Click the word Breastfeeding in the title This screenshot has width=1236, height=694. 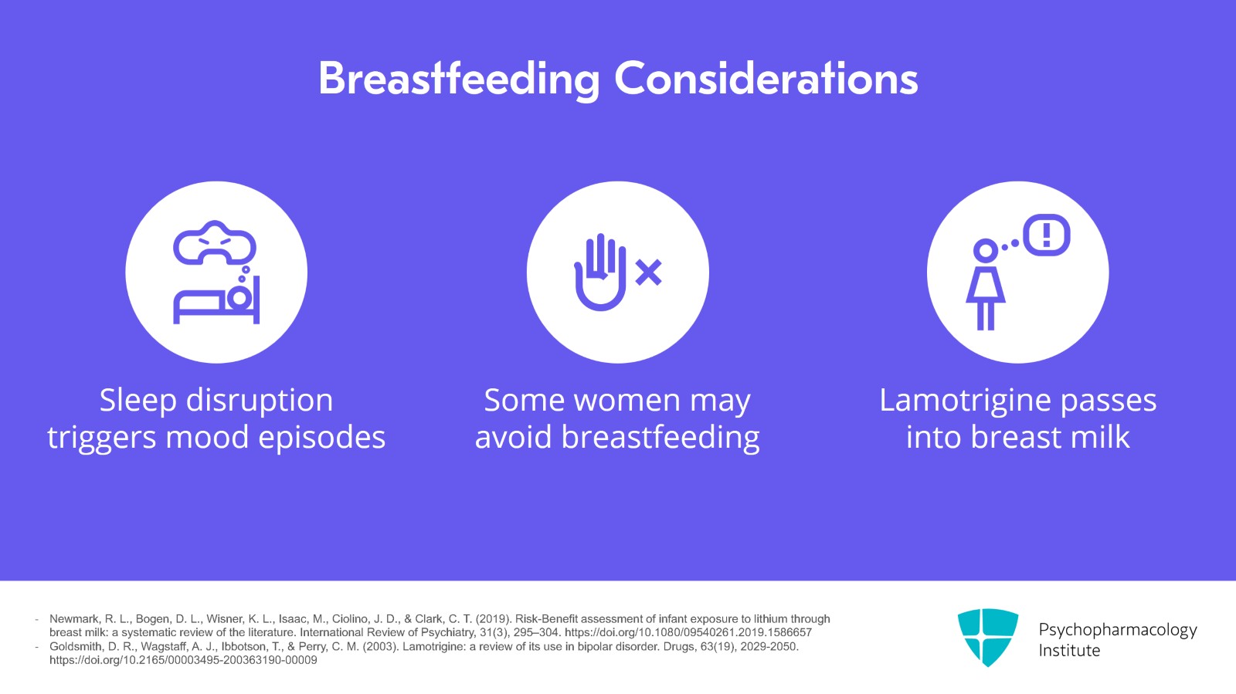[459, 80]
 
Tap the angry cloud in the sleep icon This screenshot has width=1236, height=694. [215, 243]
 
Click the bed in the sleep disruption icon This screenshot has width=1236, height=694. [216, 305]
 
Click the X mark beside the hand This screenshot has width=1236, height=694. [648, 273]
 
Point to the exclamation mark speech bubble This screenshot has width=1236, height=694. [1047, 235]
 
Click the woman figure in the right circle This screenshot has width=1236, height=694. [986, 284]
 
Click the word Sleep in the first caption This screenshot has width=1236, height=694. [138, 401]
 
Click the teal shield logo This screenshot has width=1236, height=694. [988, 637]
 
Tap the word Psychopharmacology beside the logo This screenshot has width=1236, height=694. [1118, 630]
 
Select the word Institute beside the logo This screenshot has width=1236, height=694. [1069, 651]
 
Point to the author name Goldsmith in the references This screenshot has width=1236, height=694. [74, 647]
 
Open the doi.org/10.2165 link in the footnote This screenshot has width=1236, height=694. [183, 660]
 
